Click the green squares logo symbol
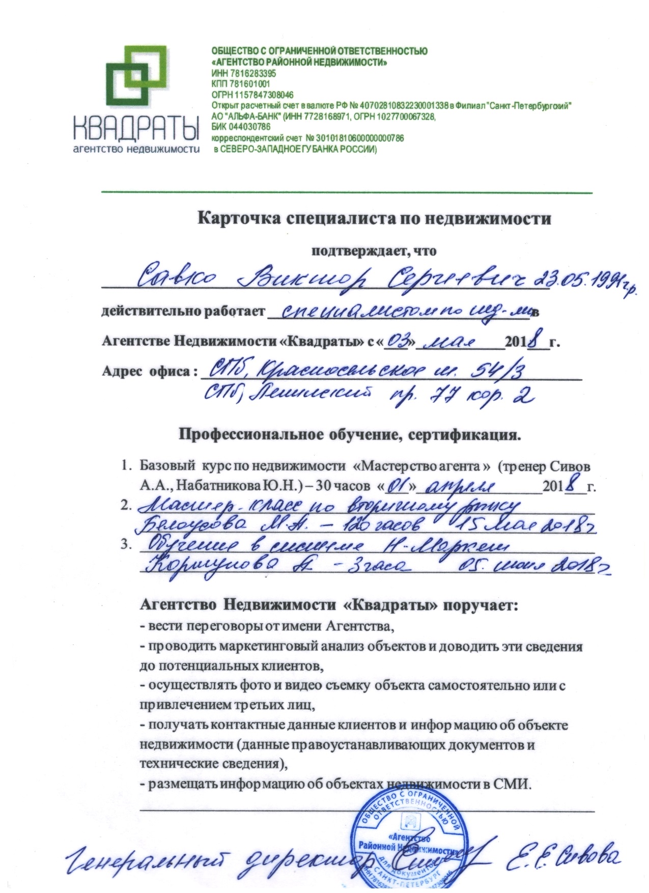pyautogui.click(x=135, y=76)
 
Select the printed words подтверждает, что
pyautogui.click(x=374, y=250)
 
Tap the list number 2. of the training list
pyautogui.click(x=124, y=506)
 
